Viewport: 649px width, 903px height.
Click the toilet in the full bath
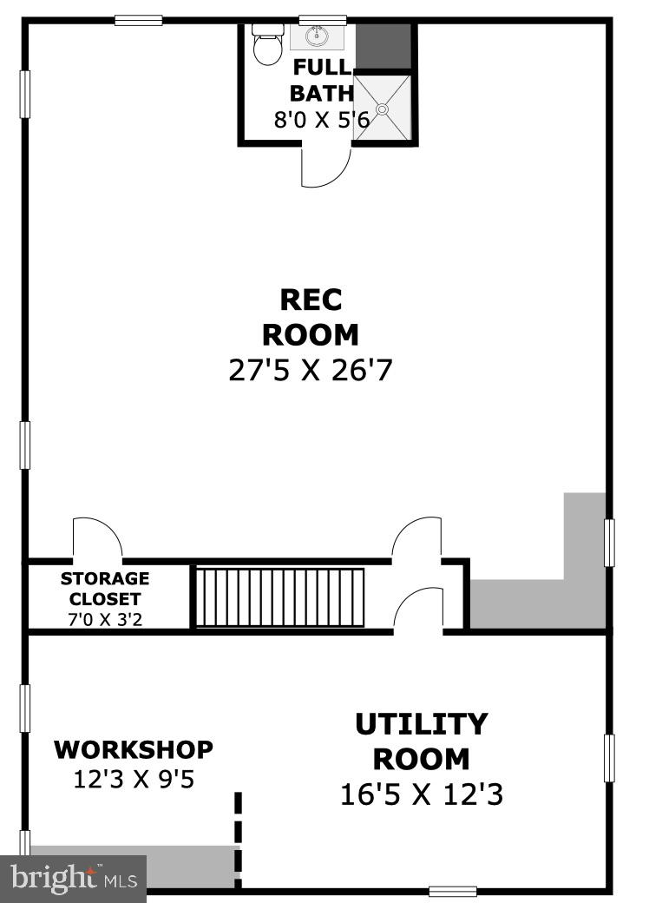(x=266, y=44)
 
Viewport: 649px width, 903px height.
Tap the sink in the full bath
(x=318, y=37)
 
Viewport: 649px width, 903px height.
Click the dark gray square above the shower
(x=383, y=47)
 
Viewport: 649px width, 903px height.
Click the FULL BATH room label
(x=322, y=81)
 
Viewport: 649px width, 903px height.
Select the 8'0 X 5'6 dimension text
(x=322, y=120)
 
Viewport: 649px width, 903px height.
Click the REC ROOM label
(x=311, y=317)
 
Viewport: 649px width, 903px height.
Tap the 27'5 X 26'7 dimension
(x=311, y=371)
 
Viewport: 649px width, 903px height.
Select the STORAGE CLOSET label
(x=105, y=589)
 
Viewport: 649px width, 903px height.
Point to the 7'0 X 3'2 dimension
(x=105, y=620)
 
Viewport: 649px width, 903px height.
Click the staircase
(x=279, y=597)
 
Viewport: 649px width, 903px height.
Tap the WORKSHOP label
(x=134, y=748)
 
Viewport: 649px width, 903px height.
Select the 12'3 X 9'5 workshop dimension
(x=134, y=779)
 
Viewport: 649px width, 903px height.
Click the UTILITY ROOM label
(x=422, y=741)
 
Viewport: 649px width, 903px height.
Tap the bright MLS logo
(x=73, y=878)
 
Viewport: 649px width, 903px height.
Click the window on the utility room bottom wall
(x=453, y=891)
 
